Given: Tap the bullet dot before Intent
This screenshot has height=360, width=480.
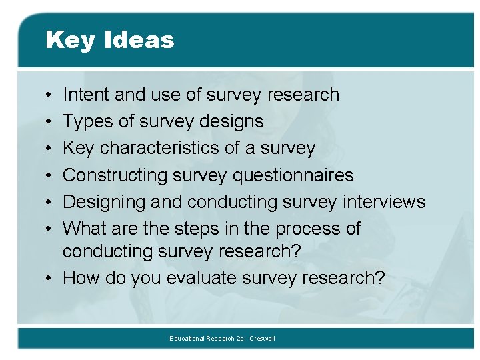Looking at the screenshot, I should click(51, 95).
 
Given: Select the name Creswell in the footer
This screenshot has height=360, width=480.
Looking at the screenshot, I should click(262, 339).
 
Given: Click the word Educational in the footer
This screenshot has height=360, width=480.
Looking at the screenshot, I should click(187, 339).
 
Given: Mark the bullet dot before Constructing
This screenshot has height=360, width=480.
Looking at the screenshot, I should click(51, 175).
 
